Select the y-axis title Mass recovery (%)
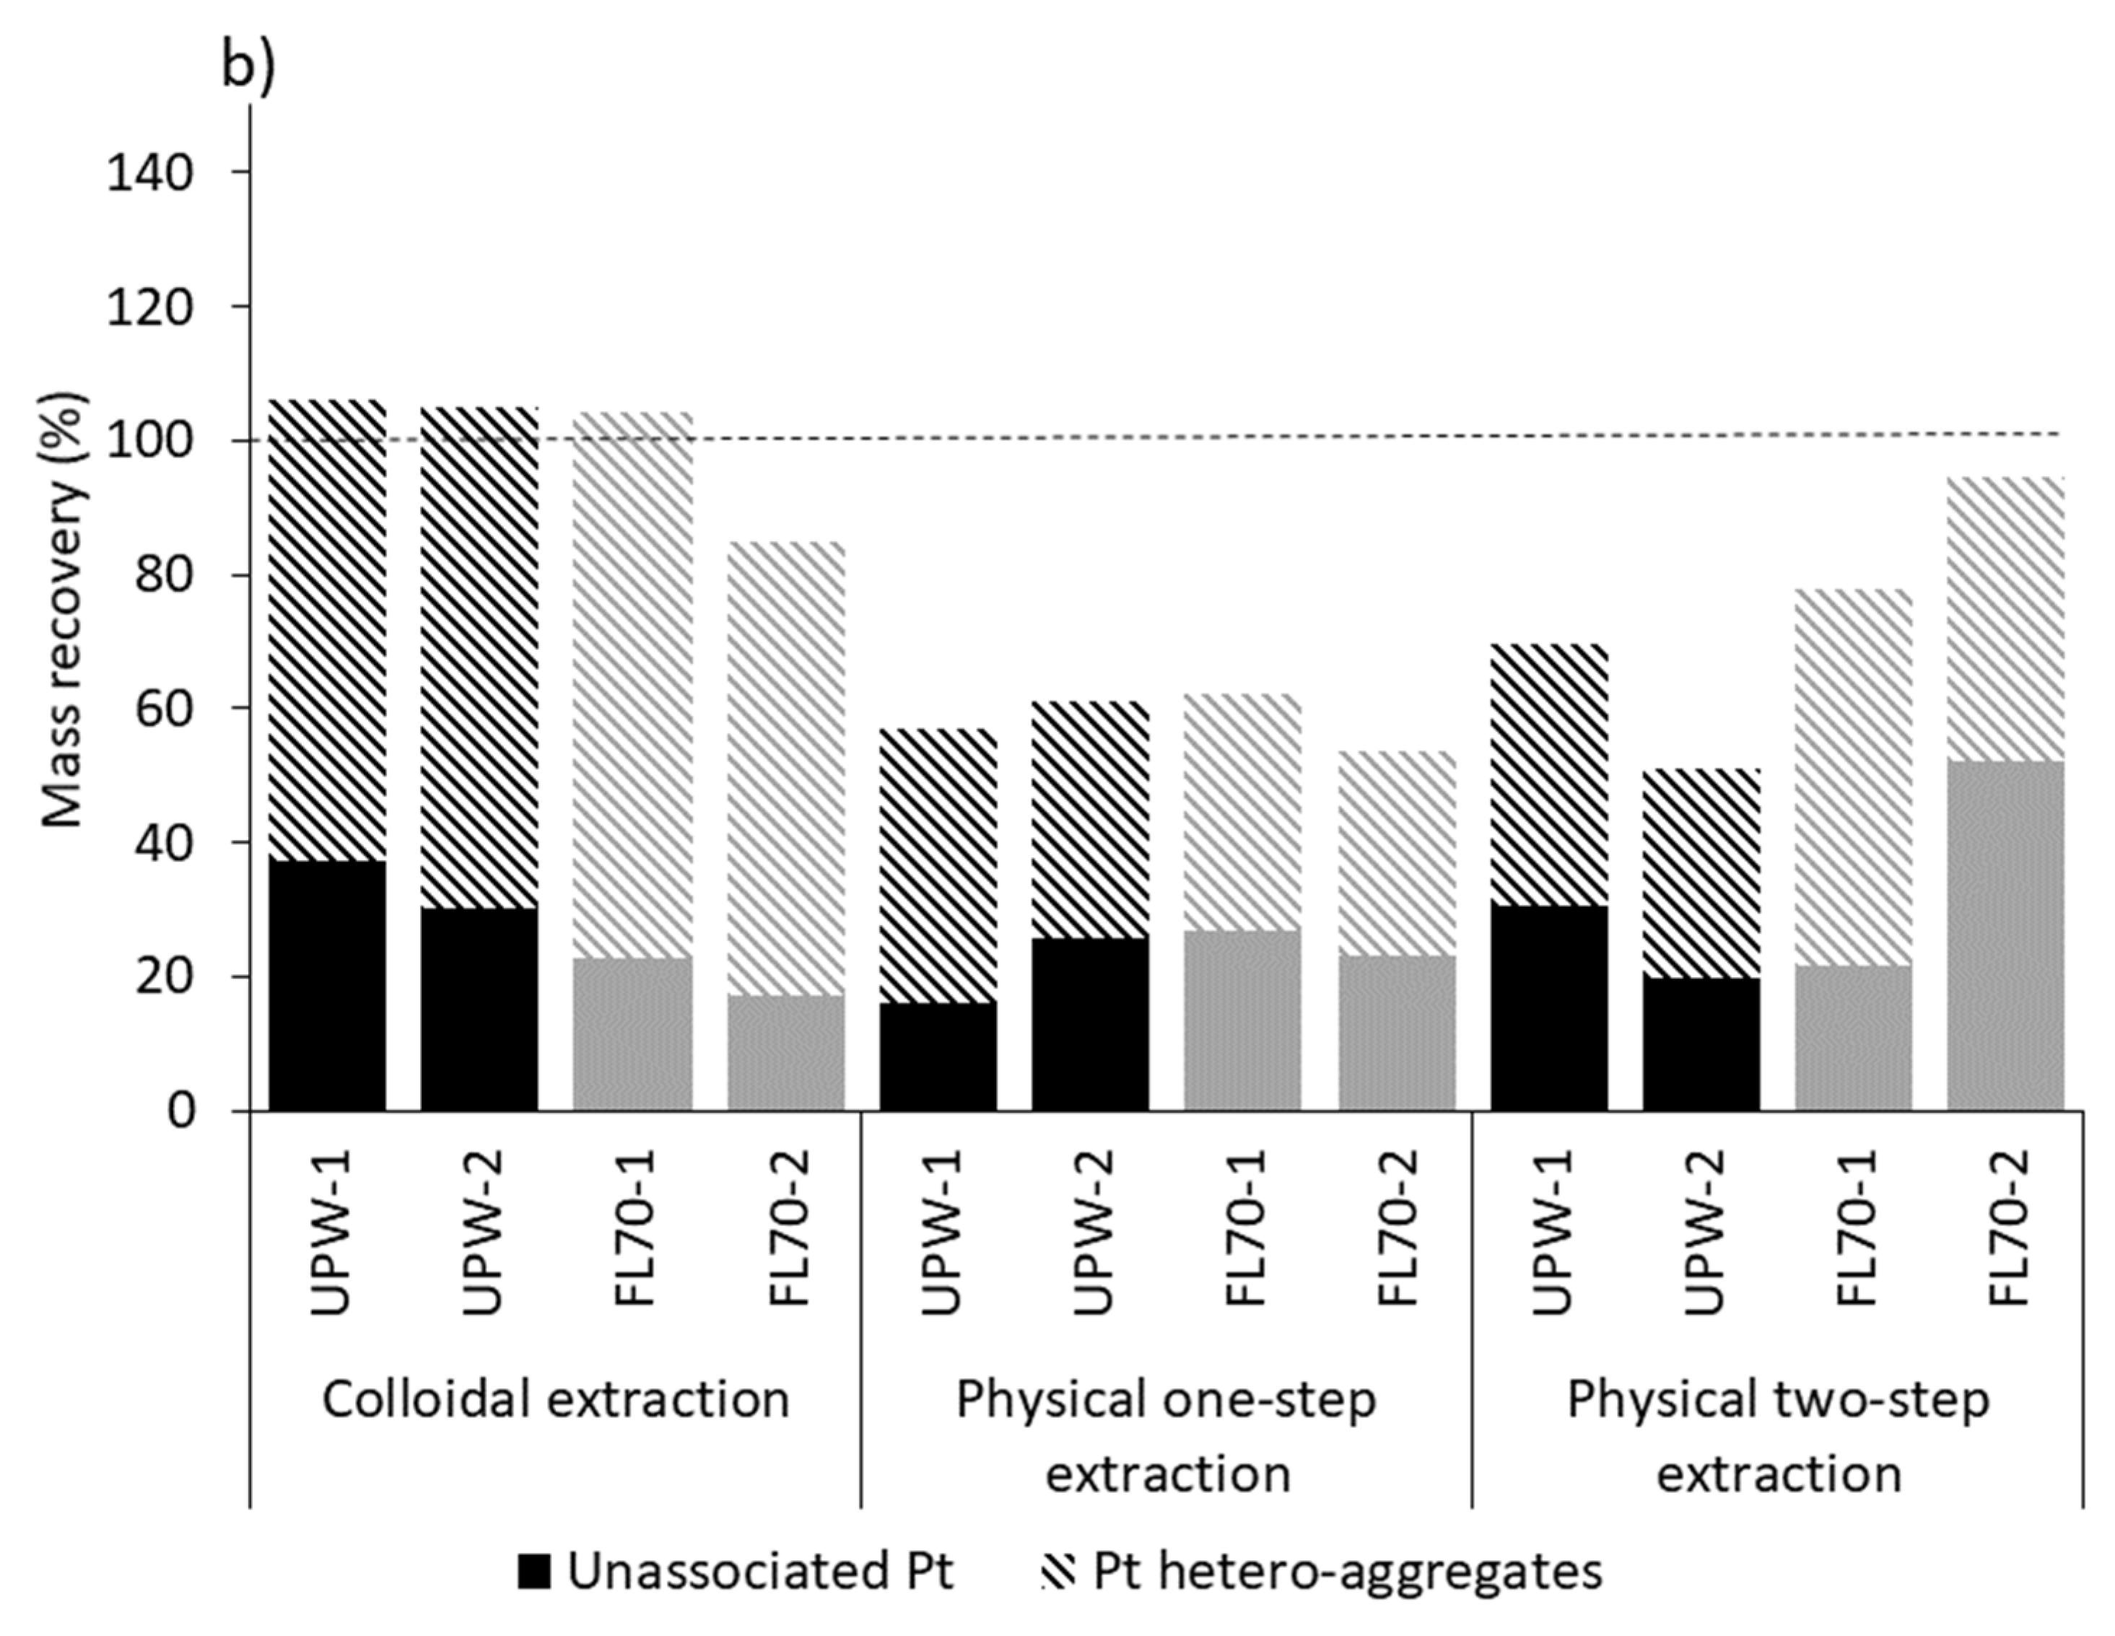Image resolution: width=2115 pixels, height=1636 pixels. click(x=64, y=610)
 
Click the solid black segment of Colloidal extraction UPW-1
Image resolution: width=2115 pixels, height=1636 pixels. click(x=327, y=986)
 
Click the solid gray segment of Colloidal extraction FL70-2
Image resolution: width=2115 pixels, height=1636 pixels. click(x=785, y=1053)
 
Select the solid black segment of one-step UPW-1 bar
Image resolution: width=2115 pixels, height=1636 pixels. click(x=938, y=1057)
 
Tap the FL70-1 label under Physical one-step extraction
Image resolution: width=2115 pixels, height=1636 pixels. click(x=1244, y=1230)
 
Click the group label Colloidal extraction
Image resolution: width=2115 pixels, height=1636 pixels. click(x=556, y=1400)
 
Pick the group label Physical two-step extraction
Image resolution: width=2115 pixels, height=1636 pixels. click(x=1778, y=1437)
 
